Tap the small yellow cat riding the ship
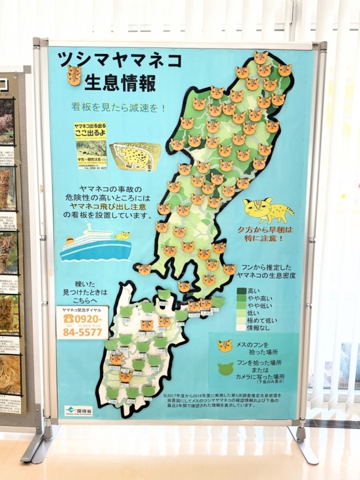(123, 236)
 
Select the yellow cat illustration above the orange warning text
(267, 210)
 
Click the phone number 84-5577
(82, 331)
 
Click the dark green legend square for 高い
(241, 291)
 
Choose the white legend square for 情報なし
(241, 327)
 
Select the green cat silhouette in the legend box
(225, 369)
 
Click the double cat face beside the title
(74, 75)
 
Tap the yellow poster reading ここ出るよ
(90, 145)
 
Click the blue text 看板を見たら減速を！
(119, 108)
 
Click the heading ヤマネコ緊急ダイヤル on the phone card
(82, 310)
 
